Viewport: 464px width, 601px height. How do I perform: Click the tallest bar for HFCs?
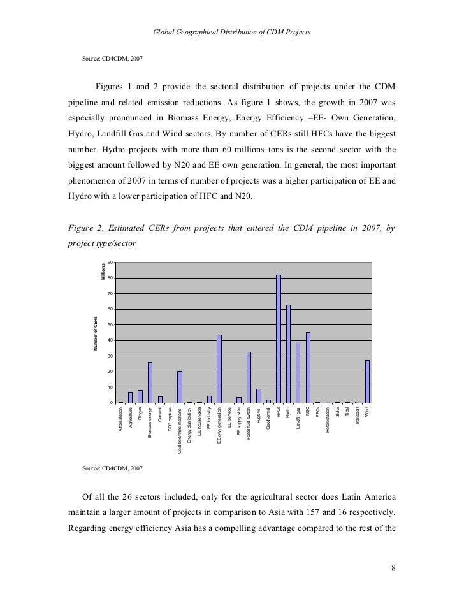tap(279, 338)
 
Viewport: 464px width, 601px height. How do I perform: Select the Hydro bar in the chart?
tap(288, 354)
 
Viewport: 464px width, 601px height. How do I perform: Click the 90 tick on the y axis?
tap(110, 263)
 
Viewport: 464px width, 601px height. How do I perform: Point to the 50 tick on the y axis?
tap(110, 325)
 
